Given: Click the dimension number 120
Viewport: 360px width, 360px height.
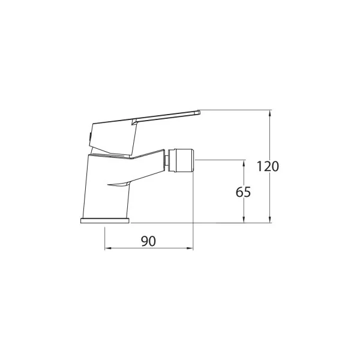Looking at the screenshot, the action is pyautogui.click(x=268, y=166).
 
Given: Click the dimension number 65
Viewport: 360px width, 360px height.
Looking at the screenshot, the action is pyautogui.click(x=244, y=192).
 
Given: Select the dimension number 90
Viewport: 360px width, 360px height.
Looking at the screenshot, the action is pyautogui.click(x=149, y=241).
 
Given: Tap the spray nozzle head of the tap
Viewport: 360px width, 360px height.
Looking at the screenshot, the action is pyautogui.click(x=182, y=160).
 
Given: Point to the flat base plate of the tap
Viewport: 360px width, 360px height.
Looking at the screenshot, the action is pyautogui.click(x=105, y=220).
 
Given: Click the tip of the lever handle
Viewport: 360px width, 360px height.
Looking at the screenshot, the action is pyautogui.click(x=199, y=112).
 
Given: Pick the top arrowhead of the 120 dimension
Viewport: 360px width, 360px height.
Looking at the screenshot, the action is pyautogui.click(x=270, y=113).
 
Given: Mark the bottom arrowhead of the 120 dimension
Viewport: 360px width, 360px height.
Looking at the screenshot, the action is pyautogui.click(x=270, y=220).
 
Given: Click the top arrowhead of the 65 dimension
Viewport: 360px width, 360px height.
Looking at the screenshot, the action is pyautogui.click(x=244, y=163).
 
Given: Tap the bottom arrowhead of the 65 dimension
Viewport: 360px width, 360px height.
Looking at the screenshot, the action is pyautogui.click(x=244, y=220).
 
